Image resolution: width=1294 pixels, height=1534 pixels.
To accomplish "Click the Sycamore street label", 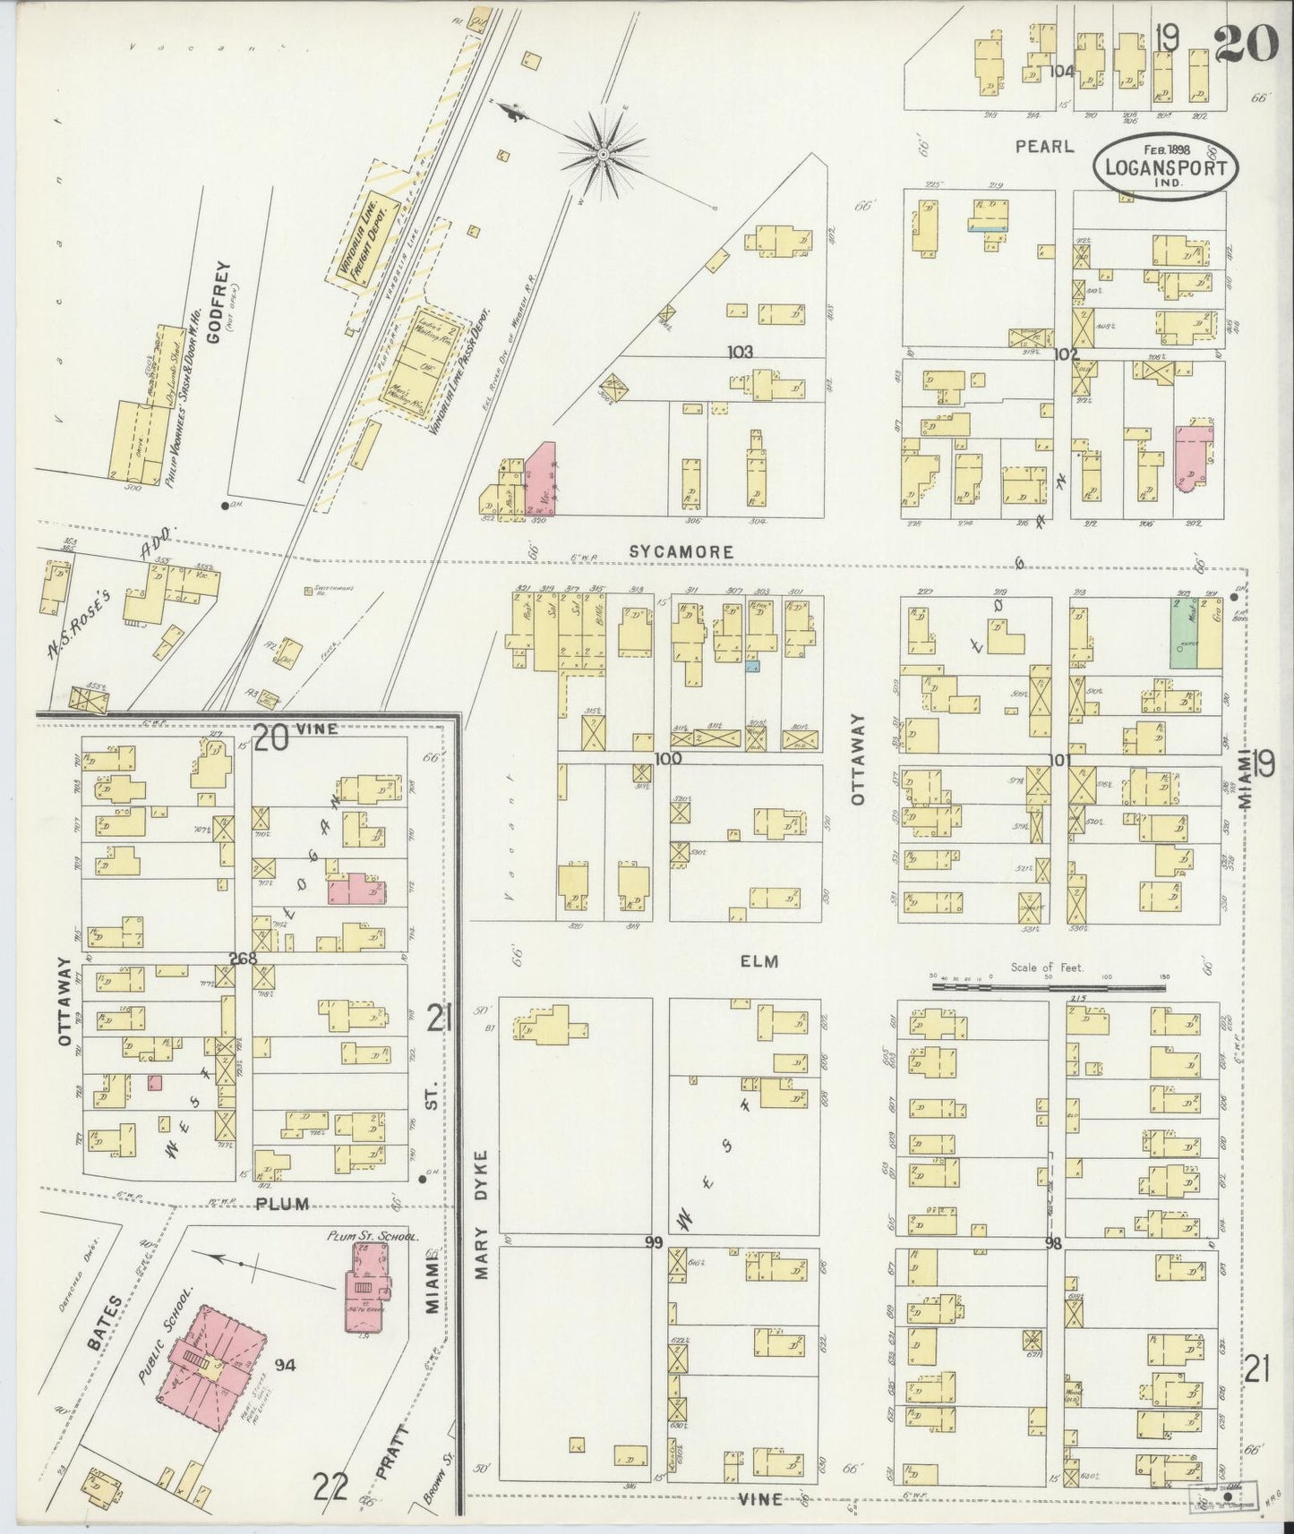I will coord(681,552).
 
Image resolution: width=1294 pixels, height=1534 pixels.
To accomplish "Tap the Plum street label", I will coord(282,1204).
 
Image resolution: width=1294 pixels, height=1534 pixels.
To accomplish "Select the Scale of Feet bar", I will coord(1049,987).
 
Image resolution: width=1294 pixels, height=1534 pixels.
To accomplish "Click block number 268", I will coord(242,959).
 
